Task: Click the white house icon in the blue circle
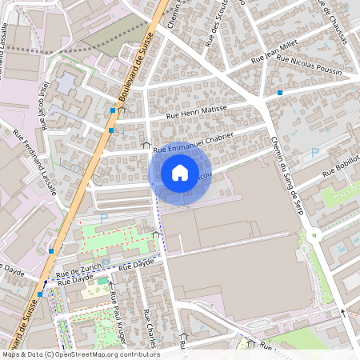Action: (x=180, y=173)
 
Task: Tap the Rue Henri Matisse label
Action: (x=196, y=112)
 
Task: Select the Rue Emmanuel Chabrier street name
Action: (x=193, y=142)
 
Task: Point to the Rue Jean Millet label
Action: (x=274, y=54)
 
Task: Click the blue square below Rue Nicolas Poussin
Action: (x=280, y=94)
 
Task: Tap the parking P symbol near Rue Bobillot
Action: (x=314, y=152)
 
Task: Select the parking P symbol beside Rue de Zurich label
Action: (x=106, y=262)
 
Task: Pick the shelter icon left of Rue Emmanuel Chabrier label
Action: (x=145, y=144)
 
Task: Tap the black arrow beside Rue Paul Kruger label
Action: (x=111, y=285)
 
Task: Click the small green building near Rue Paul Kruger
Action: (x=102, y=281)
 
